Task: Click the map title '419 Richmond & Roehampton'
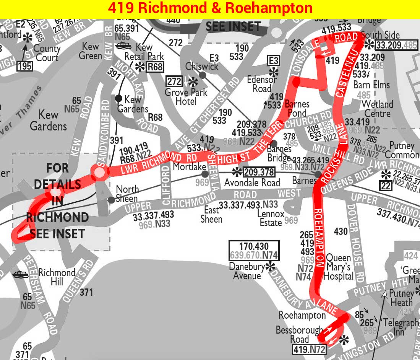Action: tap(210, 8)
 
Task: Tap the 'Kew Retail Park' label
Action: tap(144, 52)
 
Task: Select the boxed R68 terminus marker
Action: tap(156, 67)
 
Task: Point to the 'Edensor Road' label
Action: tap(262, 84)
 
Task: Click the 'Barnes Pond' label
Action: tap(297, 109)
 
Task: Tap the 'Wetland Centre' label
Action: tap(377, 109)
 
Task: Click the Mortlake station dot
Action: tap(205, 174)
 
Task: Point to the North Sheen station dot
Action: tap(111, 200)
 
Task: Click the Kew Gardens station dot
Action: tap(119, 98)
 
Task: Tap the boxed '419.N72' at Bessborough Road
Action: tap(309, 349)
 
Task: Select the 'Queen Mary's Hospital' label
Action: tap(338, 267)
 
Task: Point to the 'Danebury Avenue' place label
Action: tap(247, 271)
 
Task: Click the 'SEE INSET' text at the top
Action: tap(233, 26)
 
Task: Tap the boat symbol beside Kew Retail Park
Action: tap(123, 46)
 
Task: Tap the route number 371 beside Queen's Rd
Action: tap(86, 293)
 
